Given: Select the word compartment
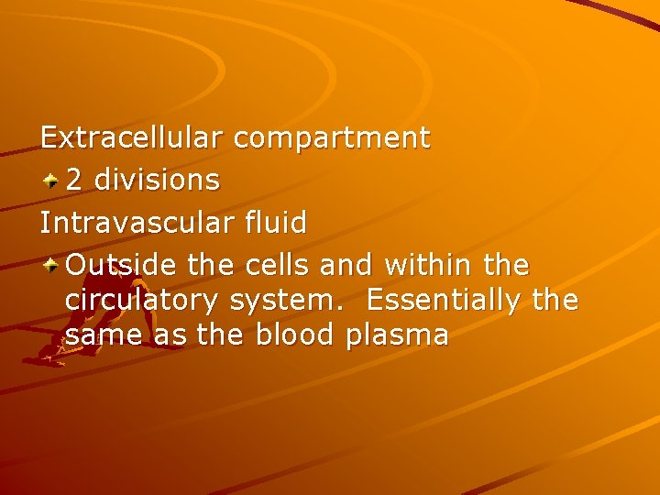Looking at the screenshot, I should (331, 139).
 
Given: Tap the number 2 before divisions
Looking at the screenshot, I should (76, 181).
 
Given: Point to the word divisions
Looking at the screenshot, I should (157, 181).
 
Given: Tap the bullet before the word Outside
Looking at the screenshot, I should (51, 266).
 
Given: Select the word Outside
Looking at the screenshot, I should (122, 265).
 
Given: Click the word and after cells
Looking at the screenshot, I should (347, 265).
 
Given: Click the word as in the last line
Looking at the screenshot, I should (170, 336).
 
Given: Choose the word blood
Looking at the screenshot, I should (294, 335).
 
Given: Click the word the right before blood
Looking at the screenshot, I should (221, 335).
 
